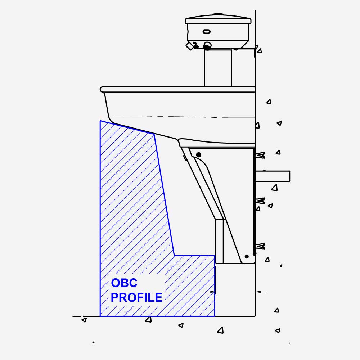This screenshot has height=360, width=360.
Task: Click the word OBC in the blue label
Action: click(124, 283)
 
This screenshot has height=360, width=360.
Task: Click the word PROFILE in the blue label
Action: click(136, 298)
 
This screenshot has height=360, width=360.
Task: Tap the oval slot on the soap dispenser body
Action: click(207, 32)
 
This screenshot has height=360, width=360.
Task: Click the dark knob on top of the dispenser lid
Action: click(218, 15)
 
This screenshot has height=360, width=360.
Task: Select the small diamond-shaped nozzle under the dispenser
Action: click(190, 46)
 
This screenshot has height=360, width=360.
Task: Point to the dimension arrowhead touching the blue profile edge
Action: click(212, 292)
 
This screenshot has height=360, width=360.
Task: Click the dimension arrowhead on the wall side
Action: click(258, 292)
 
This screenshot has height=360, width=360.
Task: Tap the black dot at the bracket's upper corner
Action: click(199, 155)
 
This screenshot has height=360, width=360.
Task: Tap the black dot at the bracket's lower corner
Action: click(247, 256)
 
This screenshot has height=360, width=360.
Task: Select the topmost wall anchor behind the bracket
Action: click(260, 156)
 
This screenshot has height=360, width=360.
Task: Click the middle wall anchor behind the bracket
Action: click(260, 201)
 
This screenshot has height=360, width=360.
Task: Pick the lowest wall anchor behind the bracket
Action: click(260, 247)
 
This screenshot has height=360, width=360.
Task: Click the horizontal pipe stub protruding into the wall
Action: click(273, 176)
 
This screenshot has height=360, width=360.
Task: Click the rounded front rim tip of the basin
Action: click(102, 89)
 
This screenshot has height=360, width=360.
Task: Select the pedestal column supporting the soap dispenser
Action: click(218, 68)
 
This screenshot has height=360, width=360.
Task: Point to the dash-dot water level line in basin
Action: click(180, 117)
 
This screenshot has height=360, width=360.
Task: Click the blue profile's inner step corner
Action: click(175, 256)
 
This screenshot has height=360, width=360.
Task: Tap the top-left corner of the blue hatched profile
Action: click(100, 121)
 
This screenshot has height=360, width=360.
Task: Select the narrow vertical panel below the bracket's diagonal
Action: click(220, 241)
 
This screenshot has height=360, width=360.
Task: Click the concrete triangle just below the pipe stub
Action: click(275, 188)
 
